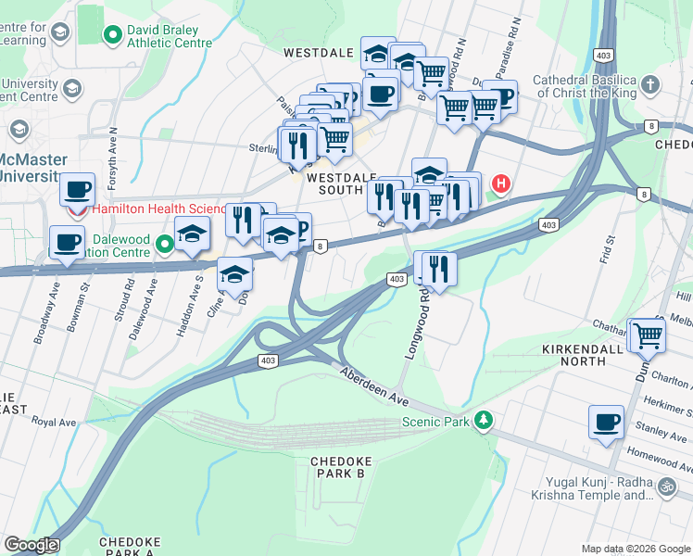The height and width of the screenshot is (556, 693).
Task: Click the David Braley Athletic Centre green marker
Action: coord(113,36)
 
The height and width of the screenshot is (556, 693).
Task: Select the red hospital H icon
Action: coord(501,184)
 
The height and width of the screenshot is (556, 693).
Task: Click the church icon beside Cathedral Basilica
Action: coord(651,85)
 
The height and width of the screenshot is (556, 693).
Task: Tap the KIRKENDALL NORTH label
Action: coord(586,359)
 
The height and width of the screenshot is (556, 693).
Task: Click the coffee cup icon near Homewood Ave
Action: coord(607,422)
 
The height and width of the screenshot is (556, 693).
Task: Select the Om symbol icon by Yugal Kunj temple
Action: coord(665,486)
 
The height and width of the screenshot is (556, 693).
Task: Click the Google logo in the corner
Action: coord(31,545)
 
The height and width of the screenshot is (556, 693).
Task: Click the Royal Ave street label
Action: coord(54,422)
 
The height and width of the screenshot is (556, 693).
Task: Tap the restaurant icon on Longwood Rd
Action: coord(439,268)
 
